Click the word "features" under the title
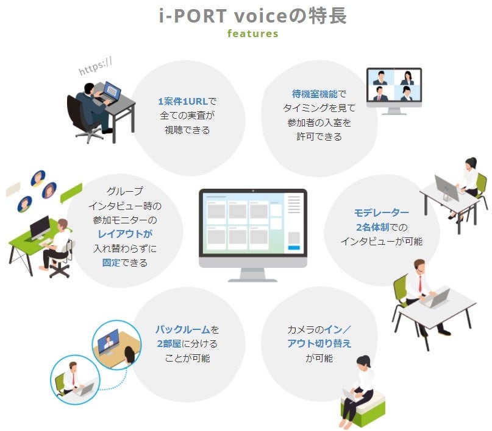point(252,33)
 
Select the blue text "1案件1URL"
point(182,102)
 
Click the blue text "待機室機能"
point(312,94)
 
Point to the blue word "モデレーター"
point(382,213)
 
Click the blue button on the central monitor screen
point(293,247)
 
